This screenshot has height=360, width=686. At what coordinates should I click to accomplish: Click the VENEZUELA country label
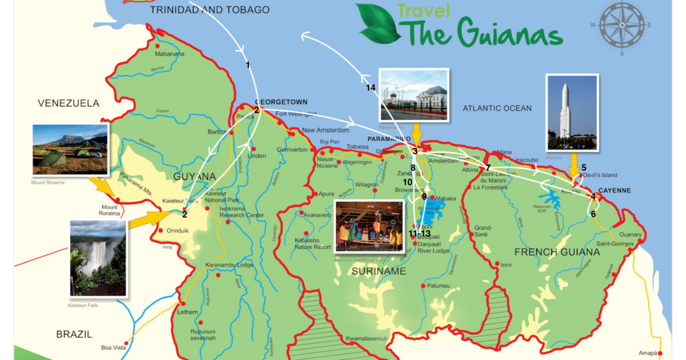click(69, 103)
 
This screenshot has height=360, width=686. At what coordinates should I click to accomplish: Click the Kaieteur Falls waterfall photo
click(97, 258)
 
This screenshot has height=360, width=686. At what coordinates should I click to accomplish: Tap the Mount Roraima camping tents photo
click(70, 150)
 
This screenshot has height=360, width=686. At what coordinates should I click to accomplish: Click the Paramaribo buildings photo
click(415, 95)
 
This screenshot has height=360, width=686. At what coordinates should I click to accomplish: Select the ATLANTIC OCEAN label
click(497, 108)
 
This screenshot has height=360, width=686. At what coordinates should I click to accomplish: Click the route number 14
click(371, 88)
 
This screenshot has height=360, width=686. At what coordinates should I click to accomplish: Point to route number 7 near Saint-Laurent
click(488, 167)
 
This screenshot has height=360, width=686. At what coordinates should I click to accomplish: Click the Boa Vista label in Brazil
click(113, 347)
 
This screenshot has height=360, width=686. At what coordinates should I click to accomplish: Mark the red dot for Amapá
click(660, 353)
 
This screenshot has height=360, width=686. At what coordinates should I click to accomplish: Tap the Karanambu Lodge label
click(229, 265)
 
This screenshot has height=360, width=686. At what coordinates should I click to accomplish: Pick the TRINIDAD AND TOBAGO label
click(210, 10)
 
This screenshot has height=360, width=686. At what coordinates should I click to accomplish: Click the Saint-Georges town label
click(615, 244)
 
